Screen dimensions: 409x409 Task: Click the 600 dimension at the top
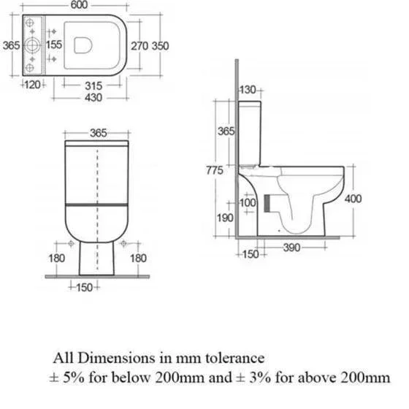click(x=79, y=4)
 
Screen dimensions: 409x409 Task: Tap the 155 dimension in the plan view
click(x=54, y=45)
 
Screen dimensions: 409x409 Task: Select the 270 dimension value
click(x=139, y=46)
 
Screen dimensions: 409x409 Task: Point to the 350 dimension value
click(x=161, y=46)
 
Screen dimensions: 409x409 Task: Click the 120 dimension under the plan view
click(x=33, y=85)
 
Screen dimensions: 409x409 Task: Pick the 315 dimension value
click(x=93, y=86)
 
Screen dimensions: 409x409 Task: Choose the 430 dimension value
click(x=93, y=98)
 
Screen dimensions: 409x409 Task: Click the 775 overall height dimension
click(x=215, y=170)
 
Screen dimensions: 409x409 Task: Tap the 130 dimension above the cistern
click(x=248, y=90)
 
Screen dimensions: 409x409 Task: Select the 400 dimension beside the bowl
click(x=353, y=199)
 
